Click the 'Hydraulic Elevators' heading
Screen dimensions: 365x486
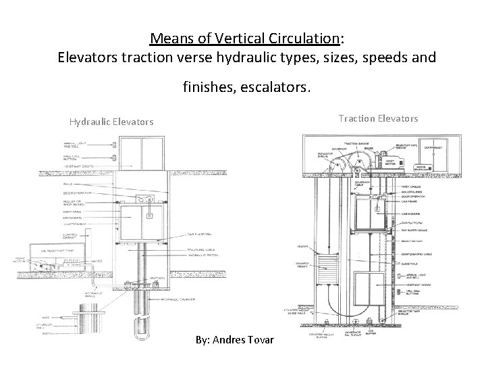click(111, 122)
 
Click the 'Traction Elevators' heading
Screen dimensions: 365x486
click(378, 118)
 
